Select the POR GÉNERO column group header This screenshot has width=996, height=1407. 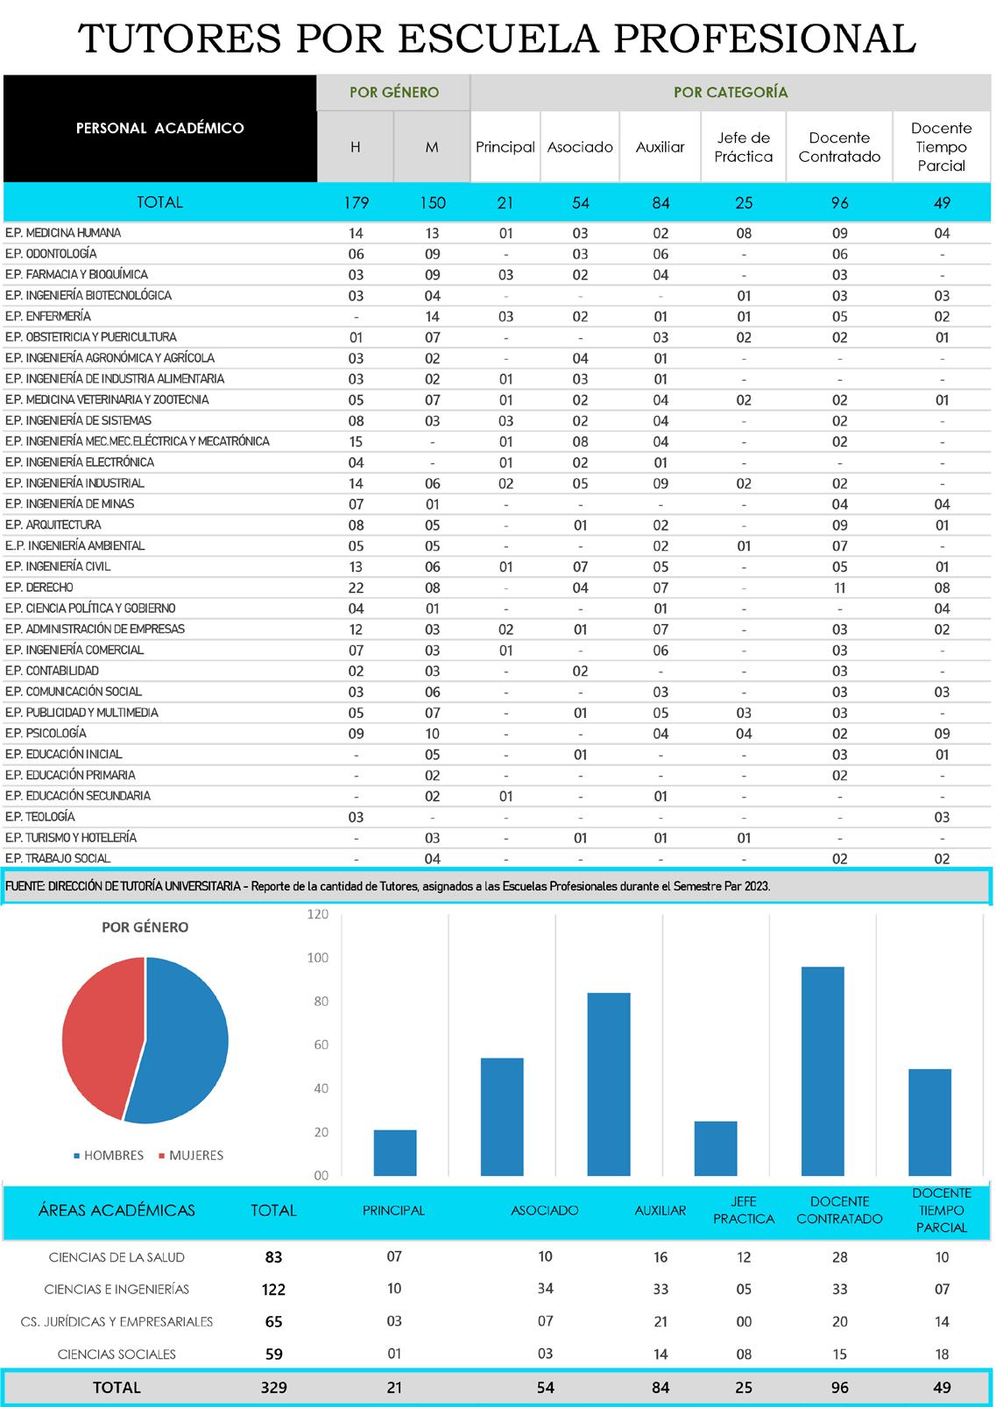coord(394,92)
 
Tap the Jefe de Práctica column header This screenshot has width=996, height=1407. coord(744,147)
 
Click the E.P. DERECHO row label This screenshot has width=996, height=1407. coord(39,587)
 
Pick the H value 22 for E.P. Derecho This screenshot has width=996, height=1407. coord(356,588)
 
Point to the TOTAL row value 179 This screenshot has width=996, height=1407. coord(357,203)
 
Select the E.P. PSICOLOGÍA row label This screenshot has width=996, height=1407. coord(46,734)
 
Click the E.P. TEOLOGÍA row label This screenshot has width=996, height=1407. coord(40,817)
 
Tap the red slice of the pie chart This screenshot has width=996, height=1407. coord(96,1033)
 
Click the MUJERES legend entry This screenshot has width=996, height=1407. coord(196,1156)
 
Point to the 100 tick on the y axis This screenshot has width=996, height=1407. coord(317,958)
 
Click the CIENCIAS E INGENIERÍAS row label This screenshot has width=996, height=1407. coord(117,1290)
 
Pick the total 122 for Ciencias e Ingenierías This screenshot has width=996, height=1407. coord(273,1290)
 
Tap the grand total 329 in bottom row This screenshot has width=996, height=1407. coord(273,1388)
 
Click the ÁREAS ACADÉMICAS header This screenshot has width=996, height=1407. coord(117,1211)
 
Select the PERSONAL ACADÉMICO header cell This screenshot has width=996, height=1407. coord(160,129)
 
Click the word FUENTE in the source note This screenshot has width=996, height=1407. coord(25,886)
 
